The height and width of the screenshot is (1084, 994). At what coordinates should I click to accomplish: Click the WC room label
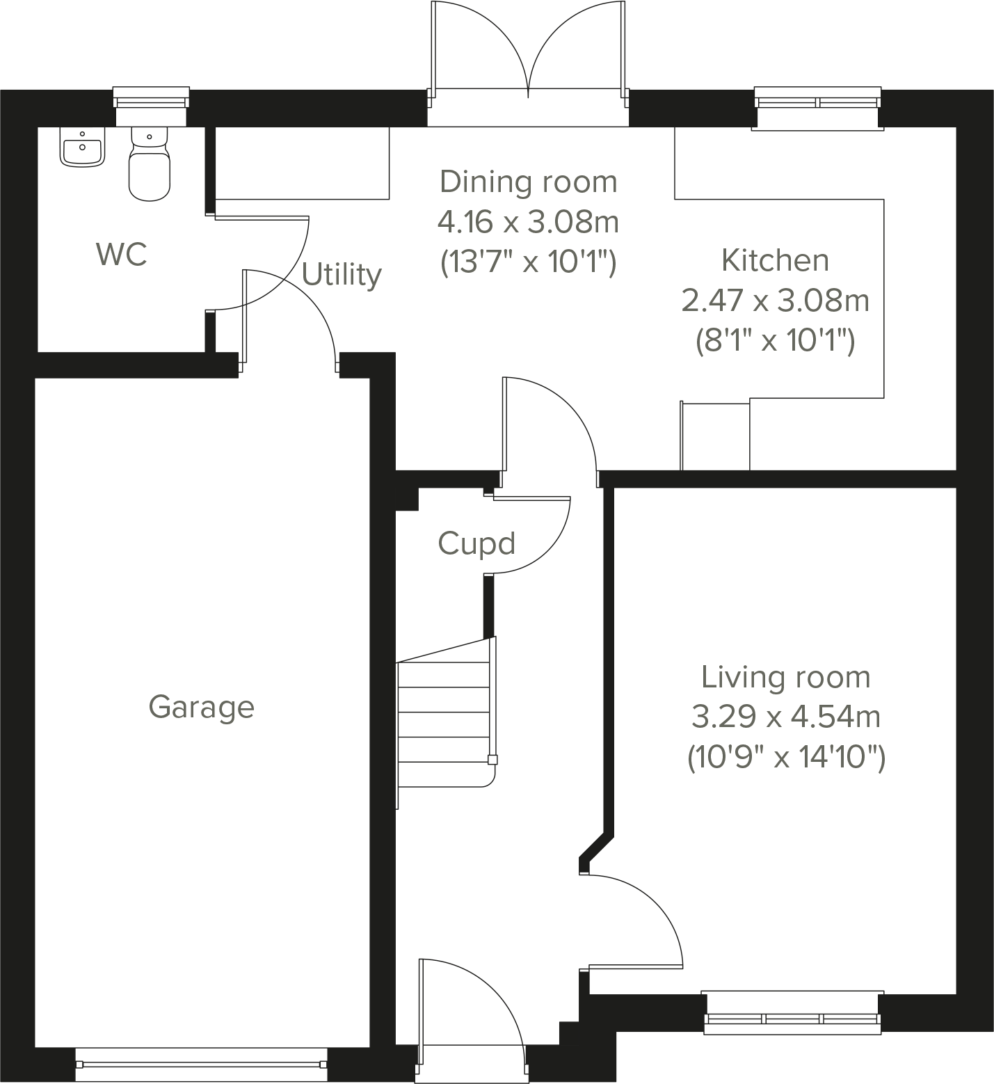point(122,255)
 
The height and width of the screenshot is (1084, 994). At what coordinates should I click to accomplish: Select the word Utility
point(342,275)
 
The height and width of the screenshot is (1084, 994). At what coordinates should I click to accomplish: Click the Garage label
point(201,707)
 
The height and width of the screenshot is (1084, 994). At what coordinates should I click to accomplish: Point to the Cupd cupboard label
point(476,543)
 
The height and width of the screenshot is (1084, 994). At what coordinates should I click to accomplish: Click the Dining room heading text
point(528,182)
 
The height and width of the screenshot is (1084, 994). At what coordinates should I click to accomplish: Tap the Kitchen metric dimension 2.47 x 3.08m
point(775,301)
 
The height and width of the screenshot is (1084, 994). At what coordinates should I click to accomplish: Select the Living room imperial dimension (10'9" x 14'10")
point(786,757)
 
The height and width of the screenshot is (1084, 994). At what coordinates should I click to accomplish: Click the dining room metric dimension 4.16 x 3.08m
point(528,223)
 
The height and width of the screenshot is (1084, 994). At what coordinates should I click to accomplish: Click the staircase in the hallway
point(444,724)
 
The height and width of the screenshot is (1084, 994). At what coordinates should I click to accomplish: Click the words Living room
point(786,677)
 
